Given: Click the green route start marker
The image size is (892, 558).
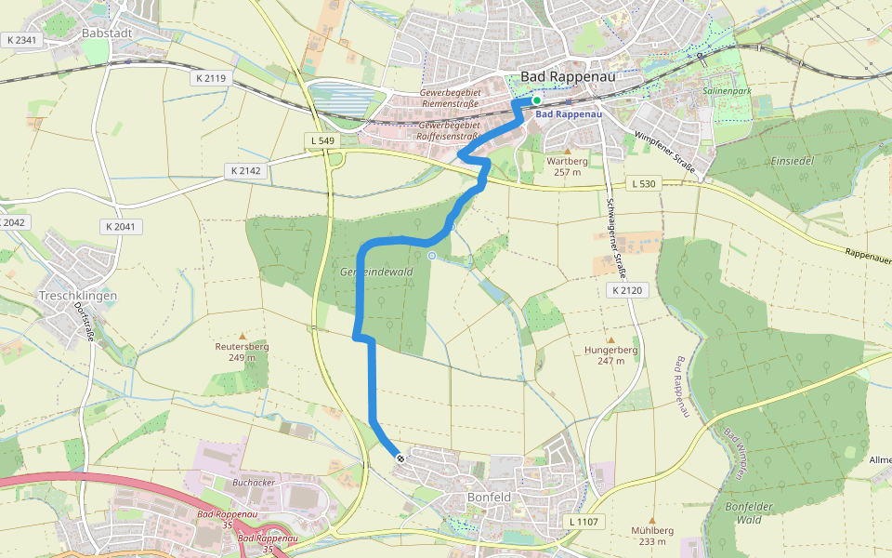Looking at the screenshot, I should [x=536, y=100].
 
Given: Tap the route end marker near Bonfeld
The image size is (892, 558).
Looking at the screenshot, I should [x=400, y=458].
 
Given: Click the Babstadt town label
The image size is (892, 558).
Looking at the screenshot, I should [x=110, y=33].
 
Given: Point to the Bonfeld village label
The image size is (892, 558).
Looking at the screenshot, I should [x=489, y=498].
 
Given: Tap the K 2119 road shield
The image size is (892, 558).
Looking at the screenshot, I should [x=211, y=79].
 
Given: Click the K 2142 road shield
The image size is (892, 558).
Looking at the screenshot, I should [x=245, y=171].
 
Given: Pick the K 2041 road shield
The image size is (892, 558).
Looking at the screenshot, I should [x=121, y=227].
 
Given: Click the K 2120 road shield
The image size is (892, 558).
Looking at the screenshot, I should [x=627, y=291].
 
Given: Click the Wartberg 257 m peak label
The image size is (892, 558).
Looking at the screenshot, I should [x=568, y=166].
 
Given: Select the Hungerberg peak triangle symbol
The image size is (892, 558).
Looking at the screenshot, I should [x=611, y=340].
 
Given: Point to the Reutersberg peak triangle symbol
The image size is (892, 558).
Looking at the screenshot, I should [x=243, y=336].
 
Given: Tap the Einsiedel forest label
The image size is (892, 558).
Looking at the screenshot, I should [x=792, y=161].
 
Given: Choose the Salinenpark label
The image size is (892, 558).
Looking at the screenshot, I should [x=727, y=92].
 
